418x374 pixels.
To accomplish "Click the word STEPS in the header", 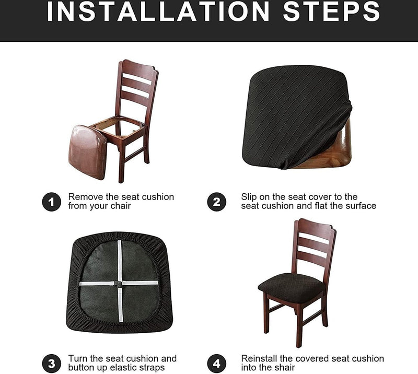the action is (331, 11).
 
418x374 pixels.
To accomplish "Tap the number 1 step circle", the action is (51, 202).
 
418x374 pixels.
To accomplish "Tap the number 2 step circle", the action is (216, 202).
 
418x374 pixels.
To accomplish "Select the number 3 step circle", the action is (51, 364).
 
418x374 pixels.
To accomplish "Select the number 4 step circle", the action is (216, 364).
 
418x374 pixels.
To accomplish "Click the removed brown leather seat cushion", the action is (87, 152).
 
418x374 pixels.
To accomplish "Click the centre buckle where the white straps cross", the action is (119, 284).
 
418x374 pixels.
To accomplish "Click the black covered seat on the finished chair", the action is (292, 287).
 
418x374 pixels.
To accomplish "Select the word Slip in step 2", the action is (249, 197).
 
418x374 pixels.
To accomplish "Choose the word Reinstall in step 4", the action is (259, 358).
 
